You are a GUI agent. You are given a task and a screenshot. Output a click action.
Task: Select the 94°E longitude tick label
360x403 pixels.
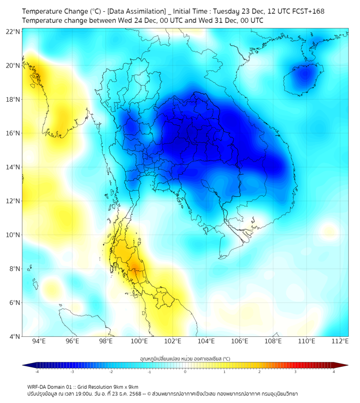(39, 341)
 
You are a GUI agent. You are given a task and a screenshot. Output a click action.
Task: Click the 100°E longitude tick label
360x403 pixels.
(140, 341)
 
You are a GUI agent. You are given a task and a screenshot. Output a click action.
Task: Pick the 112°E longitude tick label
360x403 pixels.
(340, 341)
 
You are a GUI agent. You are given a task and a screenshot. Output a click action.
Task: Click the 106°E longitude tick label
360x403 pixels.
(240, 341)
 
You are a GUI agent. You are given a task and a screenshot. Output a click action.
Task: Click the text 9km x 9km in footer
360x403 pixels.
(126, 386)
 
